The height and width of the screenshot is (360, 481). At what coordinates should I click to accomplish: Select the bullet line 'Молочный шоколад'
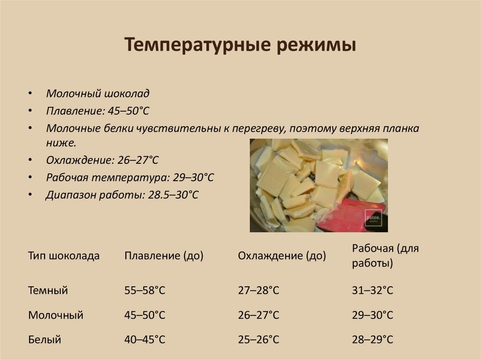point(98,93)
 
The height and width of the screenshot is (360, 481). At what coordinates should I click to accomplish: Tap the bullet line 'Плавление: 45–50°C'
point(97,111)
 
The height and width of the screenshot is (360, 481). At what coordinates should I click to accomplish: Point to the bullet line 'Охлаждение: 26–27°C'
point(102,160)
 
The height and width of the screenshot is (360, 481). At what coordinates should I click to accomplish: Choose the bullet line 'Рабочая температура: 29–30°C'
point(130,177)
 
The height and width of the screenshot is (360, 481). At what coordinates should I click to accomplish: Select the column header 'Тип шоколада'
point(64,256)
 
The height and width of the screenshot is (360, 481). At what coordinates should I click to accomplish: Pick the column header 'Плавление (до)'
point(163,256)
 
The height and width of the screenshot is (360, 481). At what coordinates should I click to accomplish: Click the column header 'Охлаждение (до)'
point(282,256)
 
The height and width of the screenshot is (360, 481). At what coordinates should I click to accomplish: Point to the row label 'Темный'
point(48,291)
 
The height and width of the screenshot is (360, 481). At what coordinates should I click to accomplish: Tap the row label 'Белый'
point(45,339)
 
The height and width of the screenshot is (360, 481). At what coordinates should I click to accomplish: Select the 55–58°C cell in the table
point(145,291)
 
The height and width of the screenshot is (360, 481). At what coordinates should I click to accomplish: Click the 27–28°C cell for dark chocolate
point(258,291)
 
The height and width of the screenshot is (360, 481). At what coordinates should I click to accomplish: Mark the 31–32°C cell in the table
point(372,291)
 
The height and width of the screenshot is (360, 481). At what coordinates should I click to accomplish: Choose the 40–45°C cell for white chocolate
point(145,339)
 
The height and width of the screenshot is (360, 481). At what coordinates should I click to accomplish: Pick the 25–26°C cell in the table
point(258,339)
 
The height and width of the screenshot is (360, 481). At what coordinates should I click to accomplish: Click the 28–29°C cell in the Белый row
point(372,339)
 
